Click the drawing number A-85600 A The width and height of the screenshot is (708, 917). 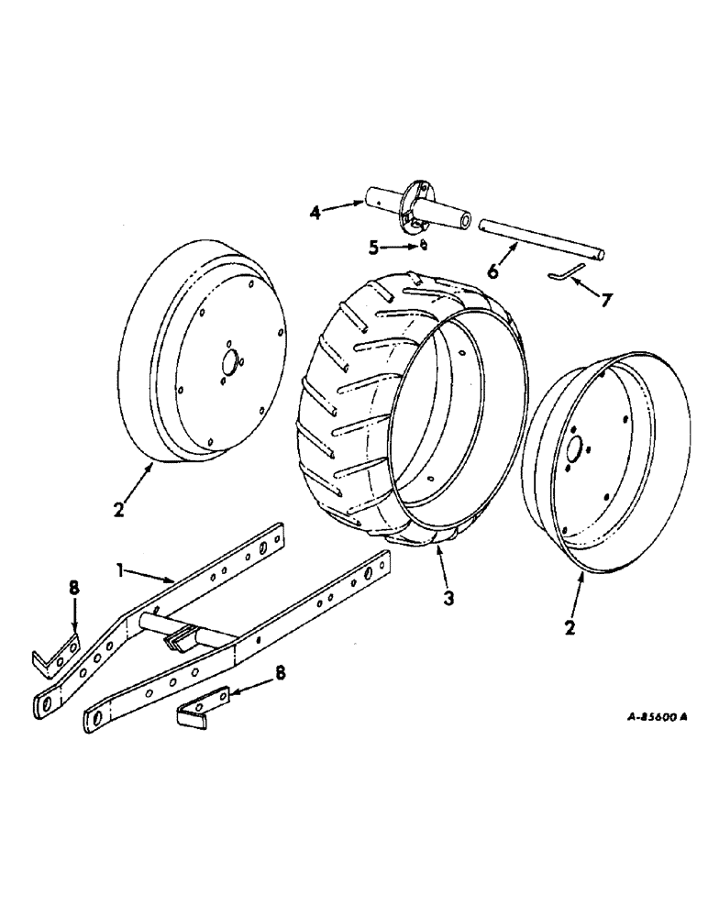point(644,719)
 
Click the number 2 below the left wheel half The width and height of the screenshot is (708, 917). point(117,508)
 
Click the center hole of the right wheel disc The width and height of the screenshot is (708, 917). point(575,449)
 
